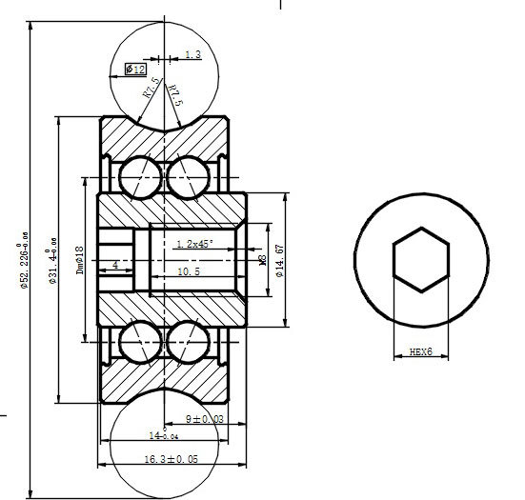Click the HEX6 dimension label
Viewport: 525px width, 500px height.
click(420, 352)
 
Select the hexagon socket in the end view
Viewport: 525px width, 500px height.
click(420, 258)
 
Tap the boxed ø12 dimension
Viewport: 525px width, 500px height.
click(135, 70)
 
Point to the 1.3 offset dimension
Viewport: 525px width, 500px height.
click(192, 55)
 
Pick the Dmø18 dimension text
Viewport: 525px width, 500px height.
click(81, 258)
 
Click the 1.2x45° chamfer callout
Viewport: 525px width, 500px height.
click(194, 244)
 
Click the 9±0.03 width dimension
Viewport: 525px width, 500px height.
click(204, 419)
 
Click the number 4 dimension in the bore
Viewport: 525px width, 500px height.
click(115, 264)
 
